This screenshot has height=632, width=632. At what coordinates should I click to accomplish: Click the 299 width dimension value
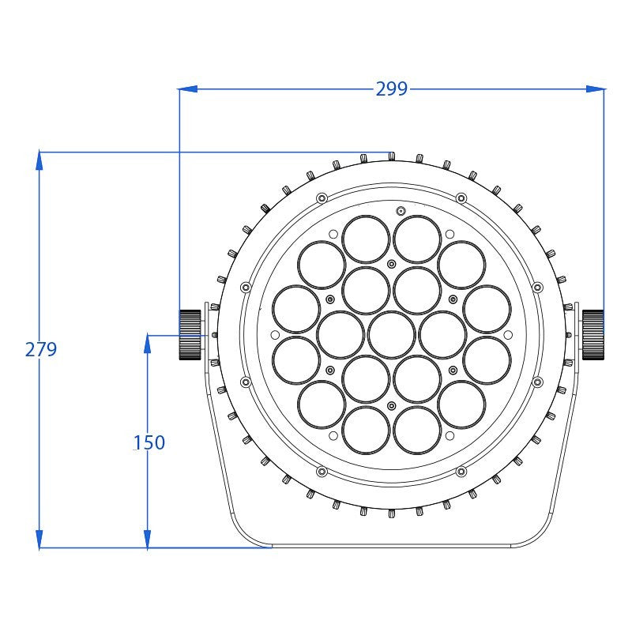click(391, 88)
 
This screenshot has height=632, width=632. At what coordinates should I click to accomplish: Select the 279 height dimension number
click(41, 349)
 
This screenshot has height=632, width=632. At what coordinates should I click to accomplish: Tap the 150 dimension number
click(149, 442)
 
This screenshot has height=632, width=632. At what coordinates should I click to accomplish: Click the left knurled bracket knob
click(190, 334)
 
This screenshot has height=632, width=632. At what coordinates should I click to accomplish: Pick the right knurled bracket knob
click(593, 334)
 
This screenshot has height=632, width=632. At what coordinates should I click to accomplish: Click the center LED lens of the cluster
click(392, 334)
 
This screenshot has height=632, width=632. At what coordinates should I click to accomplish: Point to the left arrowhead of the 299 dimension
click(188, 88)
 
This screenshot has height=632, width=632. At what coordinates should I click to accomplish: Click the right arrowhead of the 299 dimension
click(595, 88)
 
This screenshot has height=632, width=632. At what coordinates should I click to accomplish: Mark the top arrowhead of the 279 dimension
click(39, 160)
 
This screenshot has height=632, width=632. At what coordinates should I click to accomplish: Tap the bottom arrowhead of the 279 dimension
click(39, 539)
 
